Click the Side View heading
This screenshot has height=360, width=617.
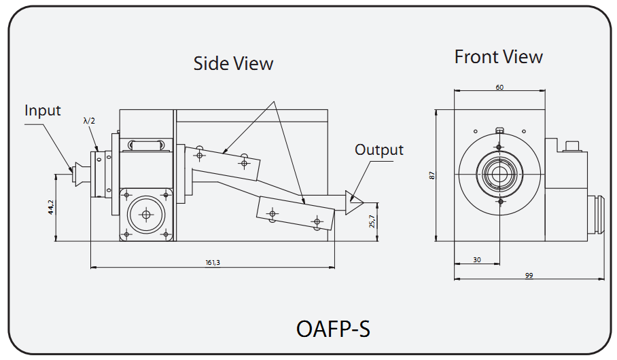[233, 64]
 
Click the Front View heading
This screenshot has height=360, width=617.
[498, 57]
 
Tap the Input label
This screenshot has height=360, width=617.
[43, 111]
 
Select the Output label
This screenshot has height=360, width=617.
[378, 150]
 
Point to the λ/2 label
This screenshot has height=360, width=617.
[89, 121]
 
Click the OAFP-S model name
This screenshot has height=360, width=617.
[333, 329]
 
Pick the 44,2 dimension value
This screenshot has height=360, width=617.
[50, 207]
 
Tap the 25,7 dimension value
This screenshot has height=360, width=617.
[372, 221]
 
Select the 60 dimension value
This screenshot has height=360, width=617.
[499, 88]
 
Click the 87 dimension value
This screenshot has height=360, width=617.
[431, 175]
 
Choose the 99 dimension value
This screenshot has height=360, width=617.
[529, 275]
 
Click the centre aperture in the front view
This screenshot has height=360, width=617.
[499, 174]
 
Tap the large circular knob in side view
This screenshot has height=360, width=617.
[145, 215]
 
